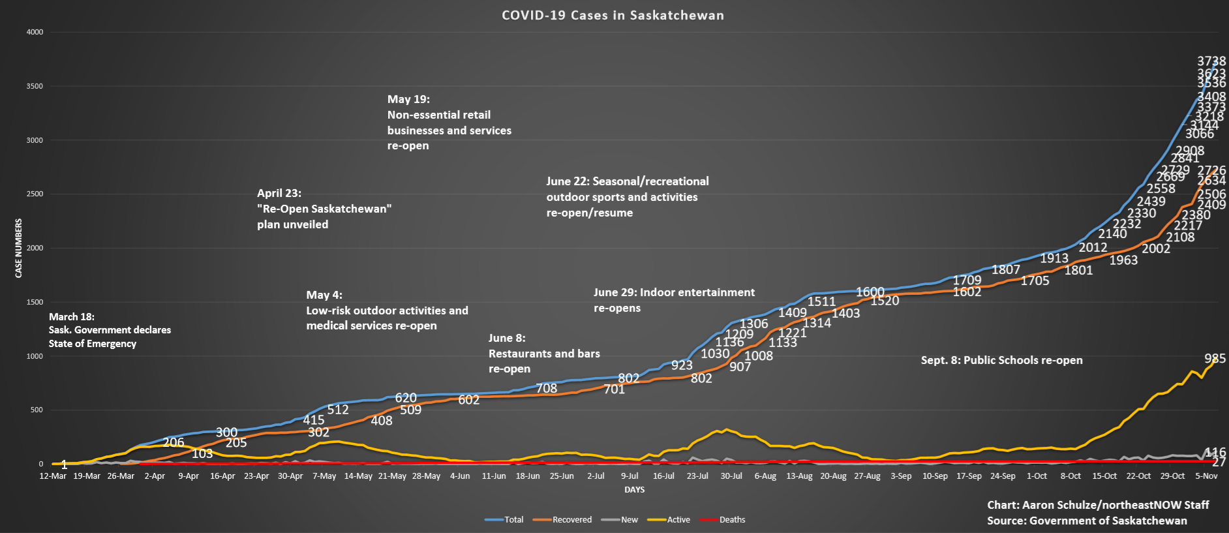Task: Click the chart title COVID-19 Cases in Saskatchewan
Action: (613, 16)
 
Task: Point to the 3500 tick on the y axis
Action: (35, 86)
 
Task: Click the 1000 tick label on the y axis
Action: (35, 356)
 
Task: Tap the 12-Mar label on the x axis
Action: (53, 476)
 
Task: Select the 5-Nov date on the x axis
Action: (1206, 476)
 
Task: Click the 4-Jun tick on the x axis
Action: (460, 476)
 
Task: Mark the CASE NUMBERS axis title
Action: (19, 249)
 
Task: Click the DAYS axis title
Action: (634, 490)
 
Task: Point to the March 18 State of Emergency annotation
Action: (110, 330)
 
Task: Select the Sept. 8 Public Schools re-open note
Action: (1001, 360)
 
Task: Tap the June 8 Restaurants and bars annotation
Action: (543, 353)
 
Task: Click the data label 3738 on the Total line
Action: (1211, 61)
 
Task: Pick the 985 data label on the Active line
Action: (1215, 359)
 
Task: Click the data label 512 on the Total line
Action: (338, 410)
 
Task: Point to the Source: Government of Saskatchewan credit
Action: (1087, 521)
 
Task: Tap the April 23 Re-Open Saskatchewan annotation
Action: (324, 209)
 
